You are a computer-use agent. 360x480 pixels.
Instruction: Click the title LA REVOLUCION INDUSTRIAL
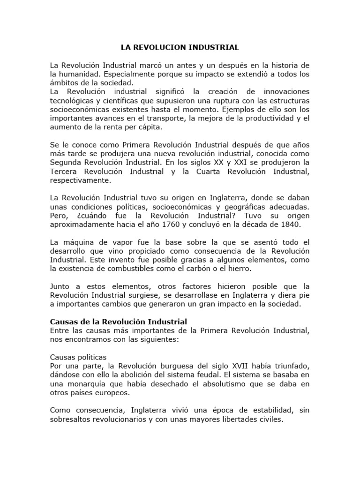(180, 47)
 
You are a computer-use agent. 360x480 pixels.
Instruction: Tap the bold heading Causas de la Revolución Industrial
(119, 322)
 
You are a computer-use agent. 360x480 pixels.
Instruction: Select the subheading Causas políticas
(78, 357)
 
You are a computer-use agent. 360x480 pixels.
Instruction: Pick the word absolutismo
(218, 383)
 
